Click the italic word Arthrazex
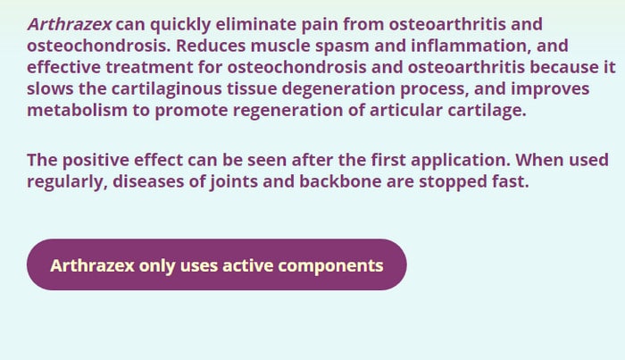coord(70,24)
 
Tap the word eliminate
coord(256,24)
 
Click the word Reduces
coord(211,46)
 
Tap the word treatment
coord(149,67)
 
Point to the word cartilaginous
coord(166,89)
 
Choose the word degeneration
coord(338,89)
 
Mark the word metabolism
coord(78,111)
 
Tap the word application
coord(461,161)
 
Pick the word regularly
coord(67,182)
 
